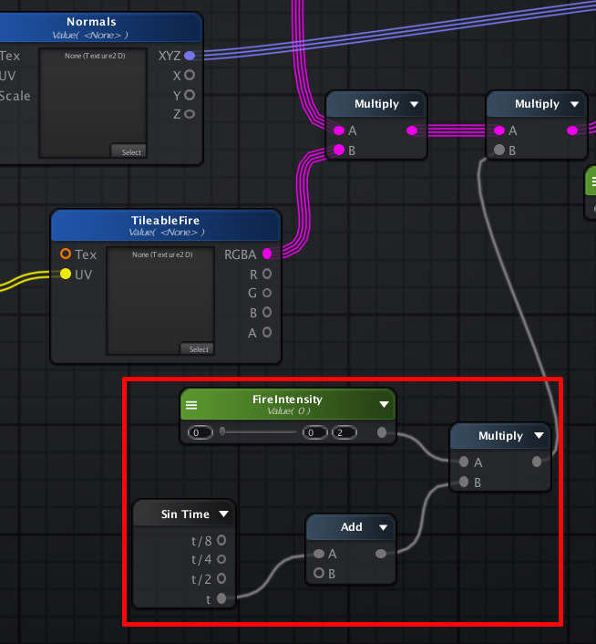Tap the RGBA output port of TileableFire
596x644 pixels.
tap(267, 254)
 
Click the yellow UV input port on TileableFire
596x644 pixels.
tap(66, 274)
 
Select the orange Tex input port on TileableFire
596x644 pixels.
tap(66, 254)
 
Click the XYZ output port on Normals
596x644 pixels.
tap(190, 56)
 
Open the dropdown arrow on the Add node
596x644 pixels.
tap(383, 527)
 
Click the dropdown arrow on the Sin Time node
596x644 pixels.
tap(223, 514)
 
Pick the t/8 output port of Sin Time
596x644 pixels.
tap(221, 540)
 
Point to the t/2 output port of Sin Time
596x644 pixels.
tap(221, 578)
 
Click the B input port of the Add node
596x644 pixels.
tap(319, 573)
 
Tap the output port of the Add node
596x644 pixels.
tap(381, 554)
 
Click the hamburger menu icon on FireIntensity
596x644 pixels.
tap(191, 405)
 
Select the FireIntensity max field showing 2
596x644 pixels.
tap(344, 432)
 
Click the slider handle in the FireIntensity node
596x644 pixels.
tap(222, 431)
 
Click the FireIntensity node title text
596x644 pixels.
tap(287, 400)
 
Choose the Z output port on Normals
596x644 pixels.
tap(190, 114)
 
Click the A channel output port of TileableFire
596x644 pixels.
tap(267, 332)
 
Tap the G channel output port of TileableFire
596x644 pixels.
tap(267, 293)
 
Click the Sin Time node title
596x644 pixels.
tap(185, 514)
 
